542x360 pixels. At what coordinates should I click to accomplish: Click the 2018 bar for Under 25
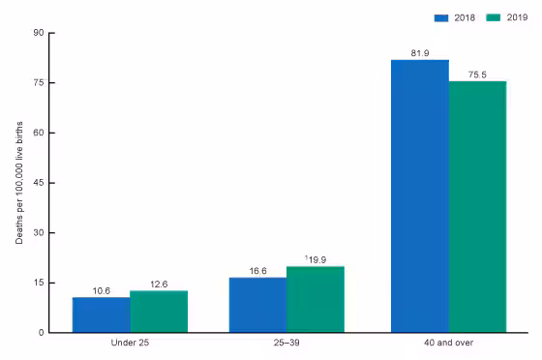[101, 315]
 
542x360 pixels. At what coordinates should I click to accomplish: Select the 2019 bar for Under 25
[159, 312]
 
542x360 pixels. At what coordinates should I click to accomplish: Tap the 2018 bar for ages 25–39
[257, 305]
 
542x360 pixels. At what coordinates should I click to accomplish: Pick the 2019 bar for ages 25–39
[316, 299]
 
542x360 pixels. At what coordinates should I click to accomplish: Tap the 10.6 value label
[101, 290]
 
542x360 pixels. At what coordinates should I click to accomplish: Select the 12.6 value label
[159, 285]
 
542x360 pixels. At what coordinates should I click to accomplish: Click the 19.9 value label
[316, 259]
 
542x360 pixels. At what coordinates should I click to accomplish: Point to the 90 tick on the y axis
[40, 33]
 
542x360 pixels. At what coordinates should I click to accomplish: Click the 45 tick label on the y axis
[40, 183]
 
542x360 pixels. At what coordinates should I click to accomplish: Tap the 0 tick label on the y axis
[42, 333]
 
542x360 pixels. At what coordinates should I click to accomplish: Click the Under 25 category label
[130, 344]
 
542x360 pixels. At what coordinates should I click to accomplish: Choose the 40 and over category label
[448, 344]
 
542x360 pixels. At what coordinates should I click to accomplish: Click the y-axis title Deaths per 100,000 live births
[18, 183]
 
